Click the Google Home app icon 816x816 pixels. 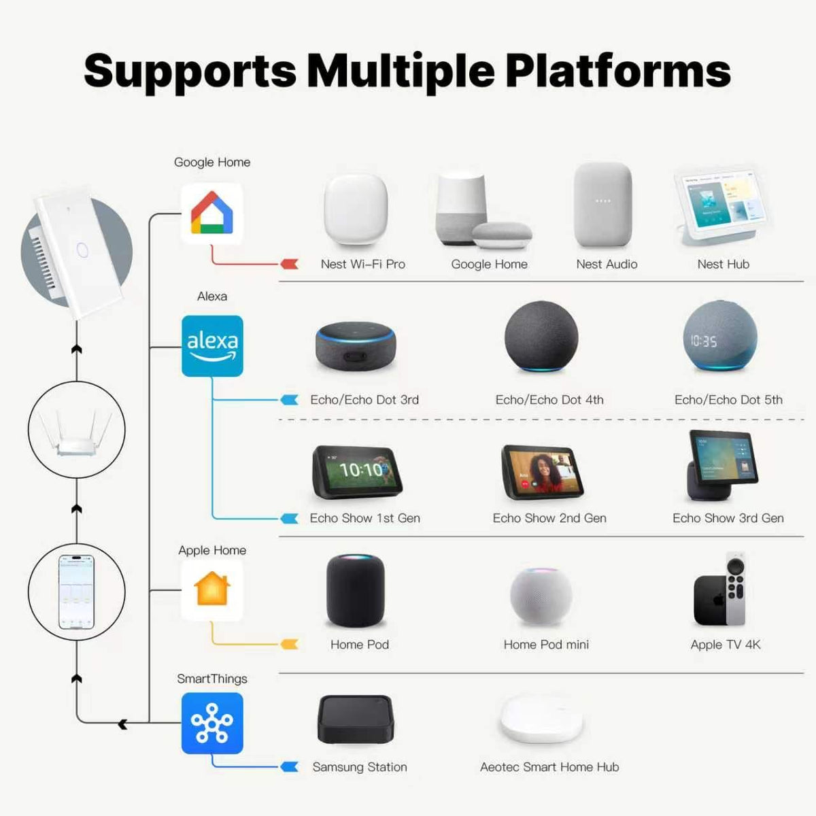(212, 214)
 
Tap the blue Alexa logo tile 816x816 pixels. (212, 346)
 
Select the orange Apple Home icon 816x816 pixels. (212, 590)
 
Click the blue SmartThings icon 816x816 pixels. (212, 724)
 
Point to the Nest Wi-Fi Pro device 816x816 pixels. (356, 209)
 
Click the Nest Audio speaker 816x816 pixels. (603, 205)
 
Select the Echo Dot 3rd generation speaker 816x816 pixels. (356, 346)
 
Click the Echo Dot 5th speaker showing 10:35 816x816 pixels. (720, 336)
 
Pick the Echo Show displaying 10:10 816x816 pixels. (357, 472)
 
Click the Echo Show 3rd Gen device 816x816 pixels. (721, 465)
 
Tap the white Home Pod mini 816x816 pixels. (541, 596)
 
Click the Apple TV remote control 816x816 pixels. (736, 589)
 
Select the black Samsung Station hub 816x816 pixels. (356, 719)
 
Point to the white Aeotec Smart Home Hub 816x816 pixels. (541, 719)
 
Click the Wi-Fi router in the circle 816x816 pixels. (76, 434)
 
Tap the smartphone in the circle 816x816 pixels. (76, 592)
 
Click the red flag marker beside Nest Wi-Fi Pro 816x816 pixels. (290, 264)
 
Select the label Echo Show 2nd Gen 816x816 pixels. (549, 518)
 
